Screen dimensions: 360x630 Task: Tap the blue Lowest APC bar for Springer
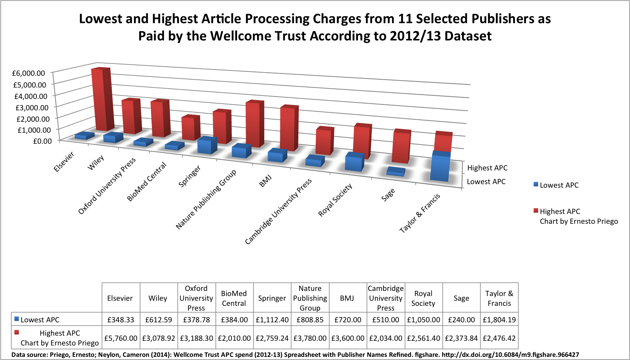pos(207,146)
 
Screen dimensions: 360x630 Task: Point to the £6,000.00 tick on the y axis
pos(29,73)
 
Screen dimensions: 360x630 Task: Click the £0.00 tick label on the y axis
pos(42,141)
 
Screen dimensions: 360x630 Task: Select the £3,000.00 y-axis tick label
pos(32,107)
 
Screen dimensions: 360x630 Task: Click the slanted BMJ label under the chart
pos(265,181)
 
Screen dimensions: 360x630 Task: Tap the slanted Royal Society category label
pos(335,200)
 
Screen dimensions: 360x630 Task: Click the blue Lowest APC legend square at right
pos(536,185)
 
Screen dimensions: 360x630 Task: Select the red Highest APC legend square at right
pos(536,211)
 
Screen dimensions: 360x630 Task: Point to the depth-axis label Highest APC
pos(487,168)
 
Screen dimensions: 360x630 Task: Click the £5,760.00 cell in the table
pos(121,338)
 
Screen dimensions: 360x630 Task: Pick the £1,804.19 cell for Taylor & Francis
pos(499,320)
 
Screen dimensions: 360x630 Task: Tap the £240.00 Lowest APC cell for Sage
pos(461,320)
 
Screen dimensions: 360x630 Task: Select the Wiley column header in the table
pos(158,298)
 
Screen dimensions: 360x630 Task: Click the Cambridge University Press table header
pos(385,298)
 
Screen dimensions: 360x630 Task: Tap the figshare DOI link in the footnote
pos(510,355)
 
